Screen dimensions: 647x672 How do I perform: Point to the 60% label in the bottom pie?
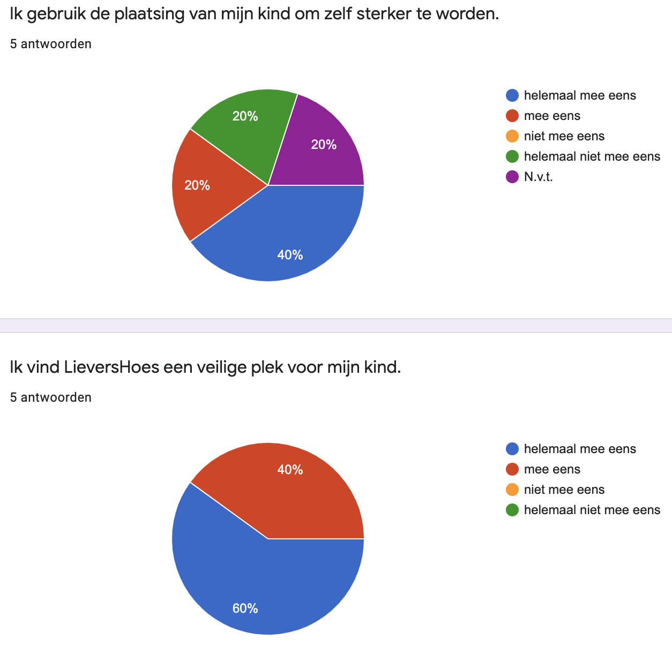pyautogui.click(x=245, y=608)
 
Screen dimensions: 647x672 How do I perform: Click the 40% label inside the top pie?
pyautogui.click(x=290, y=255)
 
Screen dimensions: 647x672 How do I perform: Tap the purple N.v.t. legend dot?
pyautogui.click(x=512, y=177)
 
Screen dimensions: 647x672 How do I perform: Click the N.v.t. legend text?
pyautogui.click(x=538, y=177)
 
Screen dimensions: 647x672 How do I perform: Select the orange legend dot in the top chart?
pyautogui.click(x=512, y=136)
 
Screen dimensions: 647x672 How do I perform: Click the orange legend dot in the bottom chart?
pyautogui.click(x=512, y=490)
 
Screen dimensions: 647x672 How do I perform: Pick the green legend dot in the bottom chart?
pyautogui.click(x=512, y=510)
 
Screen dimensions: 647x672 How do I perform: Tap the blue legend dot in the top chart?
pyautogui.click(x=512, y=95)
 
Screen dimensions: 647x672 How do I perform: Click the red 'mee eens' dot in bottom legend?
pyautogui.click(x=512, y=469)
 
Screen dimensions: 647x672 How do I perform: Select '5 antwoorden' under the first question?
pyautogui.click(x=51, y=44)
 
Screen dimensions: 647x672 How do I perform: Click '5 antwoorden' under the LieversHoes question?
pyautogui.click(x=51, y=397)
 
